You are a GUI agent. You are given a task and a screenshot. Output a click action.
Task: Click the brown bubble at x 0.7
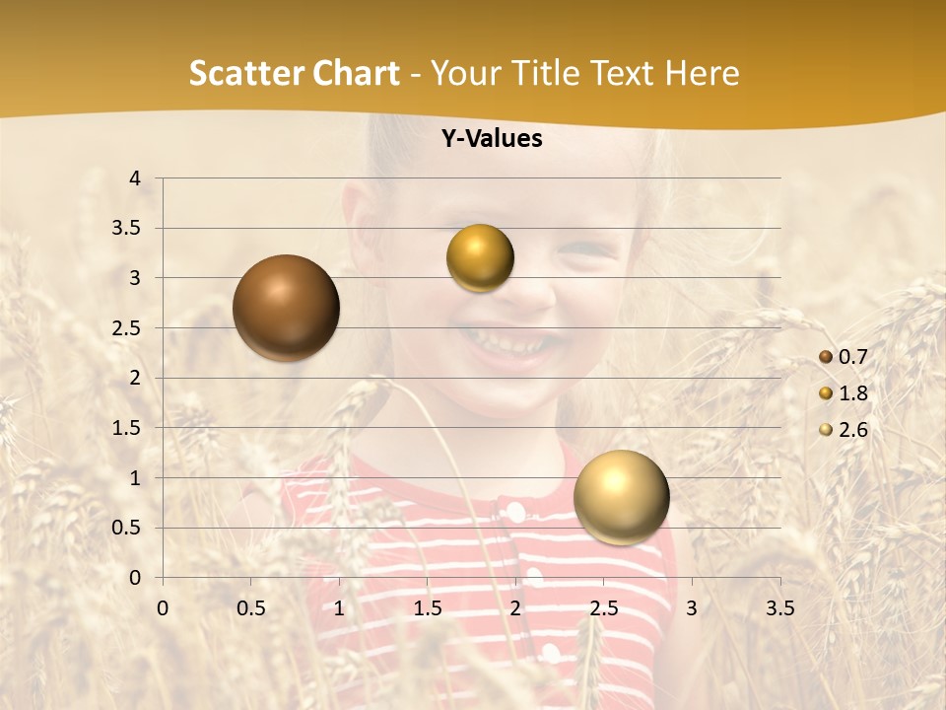(x=287, y=308)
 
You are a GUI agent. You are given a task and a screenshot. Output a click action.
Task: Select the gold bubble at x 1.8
(x=480, y=258)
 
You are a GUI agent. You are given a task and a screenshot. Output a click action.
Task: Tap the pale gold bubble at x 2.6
(x=621, y=497)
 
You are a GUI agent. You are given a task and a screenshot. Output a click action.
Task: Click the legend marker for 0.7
(x=826, y=357)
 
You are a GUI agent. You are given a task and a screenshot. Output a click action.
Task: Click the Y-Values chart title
(x=491, y=139)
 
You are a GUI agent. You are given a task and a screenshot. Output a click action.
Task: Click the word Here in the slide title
(x=702, y=73)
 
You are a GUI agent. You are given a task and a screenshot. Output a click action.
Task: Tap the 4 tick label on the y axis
(x=136, y=178)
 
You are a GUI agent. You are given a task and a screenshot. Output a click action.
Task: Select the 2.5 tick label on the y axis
(x=127, y=328)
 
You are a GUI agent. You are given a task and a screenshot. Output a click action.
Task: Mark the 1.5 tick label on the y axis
(x=127, y=428)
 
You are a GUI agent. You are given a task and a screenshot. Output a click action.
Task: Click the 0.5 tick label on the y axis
(x=127, y=529)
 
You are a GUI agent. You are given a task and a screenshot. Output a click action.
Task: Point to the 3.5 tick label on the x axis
(x=779, y=608)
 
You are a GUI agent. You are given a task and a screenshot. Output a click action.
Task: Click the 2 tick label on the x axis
(x=515, y=608)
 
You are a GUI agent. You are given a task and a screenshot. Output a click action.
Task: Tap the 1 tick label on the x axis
(x=339, y=608)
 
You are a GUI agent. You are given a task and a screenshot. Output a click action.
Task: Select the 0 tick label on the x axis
(x=163, y=608)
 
